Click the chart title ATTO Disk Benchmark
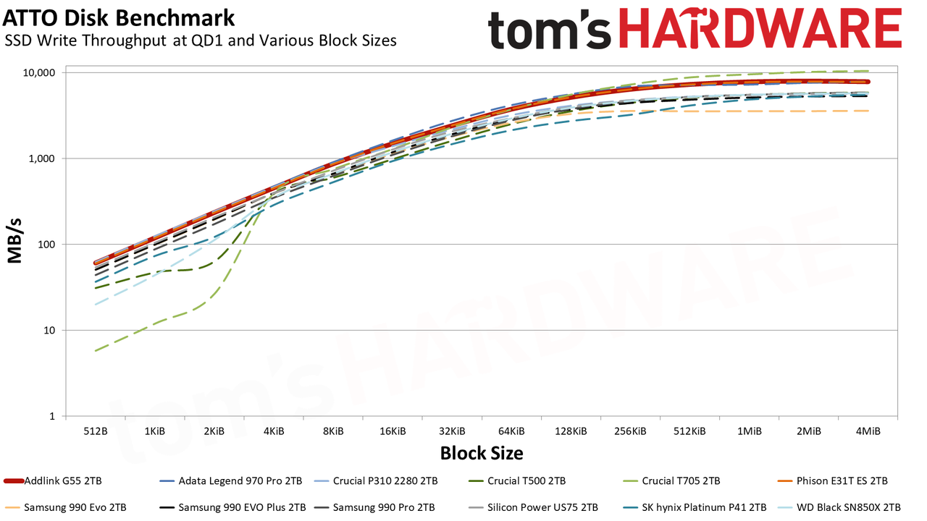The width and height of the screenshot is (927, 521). (119, 18)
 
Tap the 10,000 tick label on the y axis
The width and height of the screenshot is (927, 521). (39, 73)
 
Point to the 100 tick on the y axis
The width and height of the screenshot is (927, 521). (46, 245)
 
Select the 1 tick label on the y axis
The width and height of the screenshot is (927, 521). (52, 416)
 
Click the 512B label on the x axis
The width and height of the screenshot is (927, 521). (96, 431)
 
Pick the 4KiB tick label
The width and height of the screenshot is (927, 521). (274, 431)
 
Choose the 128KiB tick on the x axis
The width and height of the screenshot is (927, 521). (571, 431)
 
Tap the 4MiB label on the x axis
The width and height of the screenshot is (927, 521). (868, 431)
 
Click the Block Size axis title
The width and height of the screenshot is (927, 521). (482, 453)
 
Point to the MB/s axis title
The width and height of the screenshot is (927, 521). (15, 242)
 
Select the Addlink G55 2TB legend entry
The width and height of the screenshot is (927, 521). (53, 481)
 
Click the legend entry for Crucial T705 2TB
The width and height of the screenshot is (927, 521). (671, 481)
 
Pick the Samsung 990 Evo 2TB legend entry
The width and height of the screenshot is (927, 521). (65, 507)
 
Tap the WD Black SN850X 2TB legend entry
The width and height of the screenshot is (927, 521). (839, 507)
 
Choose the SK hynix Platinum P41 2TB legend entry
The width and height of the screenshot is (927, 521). (695, 507)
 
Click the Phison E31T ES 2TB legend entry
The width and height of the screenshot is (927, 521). (832, 481)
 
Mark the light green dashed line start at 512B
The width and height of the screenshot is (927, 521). (96, 351)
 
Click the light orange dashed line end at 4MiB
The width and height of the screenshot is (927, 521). (868, 111)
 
